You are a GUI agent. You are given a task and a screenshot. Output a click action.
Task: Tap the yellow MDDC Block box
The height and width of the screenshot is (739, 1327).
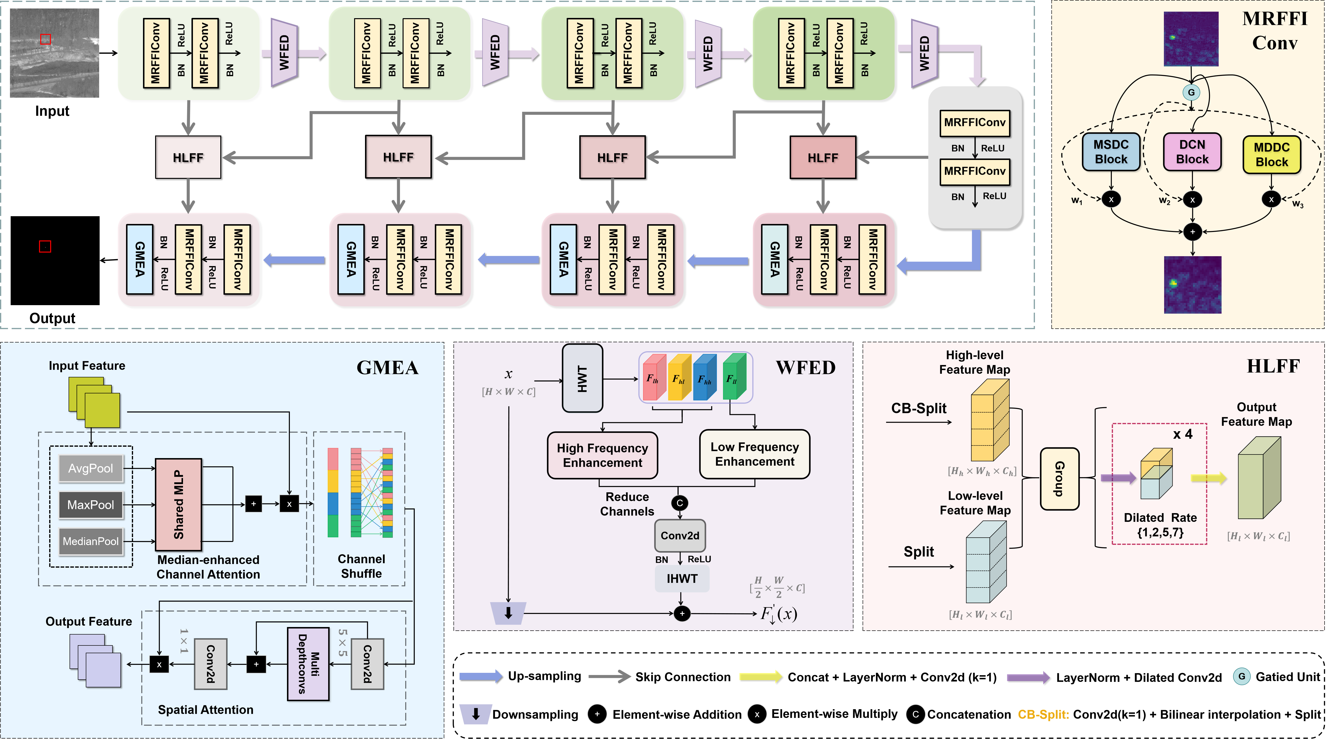click(x=1271, y=154)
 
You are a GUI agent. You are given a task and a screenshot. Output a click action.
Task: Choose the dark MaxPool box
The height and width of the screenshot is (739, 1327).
click(x=91, y=505)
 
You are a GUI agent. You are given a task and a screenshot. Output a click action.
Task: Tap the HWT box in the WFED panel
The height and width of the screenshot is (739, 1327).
click(x=582, y=379)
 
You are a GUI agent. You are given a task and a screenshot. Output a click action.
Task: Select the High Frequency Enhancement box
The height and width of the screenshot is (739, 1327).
click(x=602, y=455)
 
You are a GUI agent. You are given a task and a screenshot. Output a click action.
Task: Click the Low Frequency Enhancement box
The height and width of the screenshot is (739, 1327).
click(x=755, y=454)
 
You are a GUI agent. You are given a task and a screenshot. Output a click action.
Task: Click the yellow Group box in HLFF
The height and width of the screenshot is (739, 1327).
click(x=1059, y=479)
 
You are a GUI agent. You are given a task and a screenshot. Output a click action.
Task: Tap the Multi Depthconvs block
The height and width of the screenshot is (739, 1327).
click(x=308, y=664)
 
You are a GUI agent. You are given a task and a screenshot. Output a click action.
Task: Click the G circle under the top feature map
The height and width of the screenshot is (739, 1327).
click(x=1191, y=93)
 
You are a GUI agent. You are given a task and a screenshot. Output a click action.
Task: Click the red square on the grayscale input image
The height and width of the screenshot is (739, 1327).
click(x=45, y=39)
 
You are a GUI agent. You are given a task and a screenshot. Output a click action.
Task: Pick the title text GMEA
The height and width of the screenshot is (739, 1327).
click(x=387, y=368)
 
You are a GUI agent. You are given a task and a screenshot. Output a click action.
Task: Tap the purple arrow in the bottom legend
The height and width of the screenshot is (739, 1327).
click(x=1028, y=677)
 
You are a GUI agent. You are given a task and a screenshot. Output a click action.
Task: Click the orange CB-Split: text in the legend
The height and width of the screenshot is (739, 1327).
click(x=1043, y=714)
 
